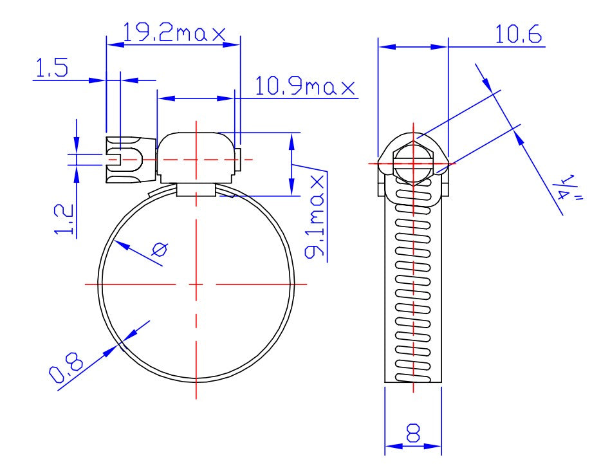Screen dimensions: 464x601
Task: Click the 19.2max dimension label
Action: [174, 33]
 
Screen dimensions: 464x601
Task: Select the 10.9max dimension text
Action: [305, 86]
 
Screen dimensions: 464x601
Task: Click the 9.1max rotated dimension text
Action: [315, 216]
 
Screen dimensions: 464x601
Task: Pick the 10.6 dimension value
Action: [518, 35]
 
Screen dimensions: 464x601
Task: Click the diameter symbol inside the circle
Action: [159, 250]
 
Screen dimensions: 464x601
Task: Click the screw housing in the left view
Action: [196, 158]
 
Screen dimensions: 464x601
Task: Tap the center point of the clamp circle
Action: [196, 283]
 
